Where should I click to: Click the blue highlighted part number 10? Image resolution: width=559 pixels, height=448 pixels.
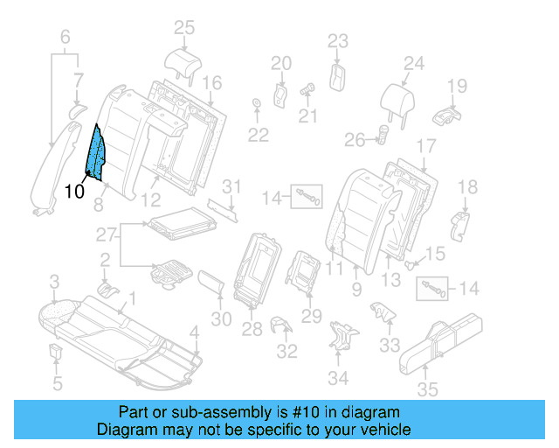97,152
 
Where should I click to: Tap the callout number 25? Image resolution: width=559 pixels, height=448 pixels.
183,28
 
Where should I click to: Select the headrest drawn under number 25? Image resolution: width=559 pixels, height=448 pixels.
183,60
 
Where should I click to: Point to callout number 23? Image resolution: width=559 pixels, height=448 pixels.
338,40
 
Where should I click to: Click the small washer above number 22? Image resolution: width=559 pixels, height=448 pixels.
257,105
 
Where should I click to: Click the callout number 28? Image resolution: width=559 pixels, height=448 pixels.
252,328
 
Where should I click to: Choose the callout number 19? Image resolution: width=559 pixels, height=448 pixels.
458,85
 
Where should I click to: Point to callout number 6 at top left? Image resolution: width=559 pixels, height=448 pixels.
65,37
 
